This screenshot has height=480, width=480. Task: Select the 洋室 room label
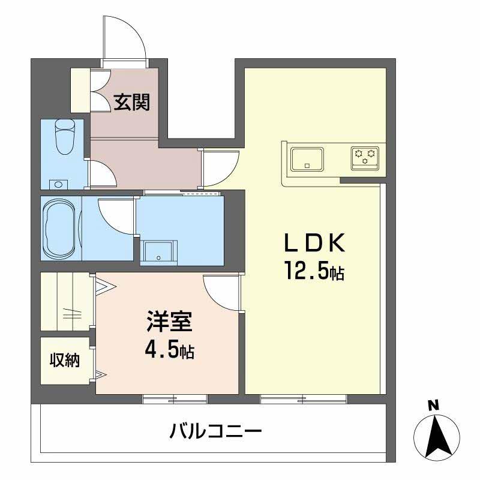[x=170, y=323]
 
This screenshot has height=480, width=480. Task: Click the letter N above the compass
[x=431, y=406]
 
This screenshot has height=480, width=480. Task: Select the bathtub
[x=60, y=228]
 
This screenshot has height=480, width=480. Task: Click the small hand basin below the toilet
[x=58, y=184]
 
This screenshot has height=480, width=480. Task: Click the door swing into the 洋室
[x=221, y=291]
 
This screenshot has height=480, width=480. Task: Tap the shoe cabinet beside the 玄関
[x=80, y=90]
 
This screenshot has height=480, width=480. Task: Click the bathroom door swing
[x=116, y=215]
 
